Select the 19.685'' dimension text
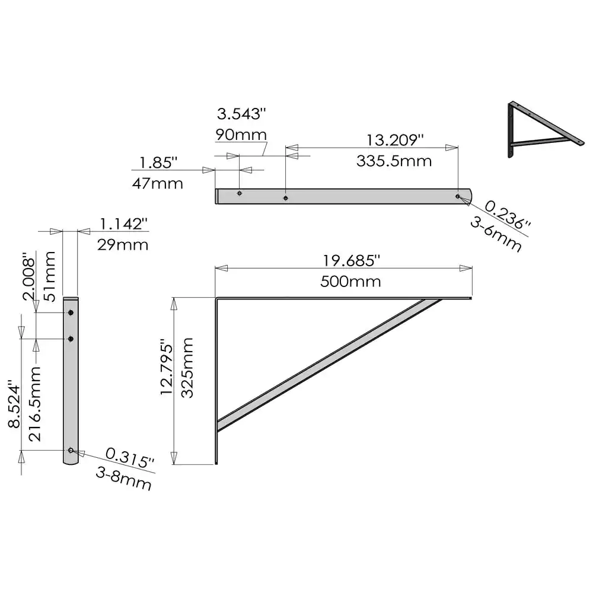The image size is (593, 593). (x=350, y=260)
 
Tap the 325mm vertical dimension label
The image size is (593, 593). (x=188, y=368)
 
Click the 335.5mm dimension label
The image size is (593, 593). (x=394, y=161)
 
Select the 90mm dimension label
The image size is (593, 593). (x=241, y=135)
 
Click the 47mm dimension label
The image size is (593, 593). (x=157, y=183)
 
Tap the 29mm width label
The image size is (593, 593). (x=123, y=244)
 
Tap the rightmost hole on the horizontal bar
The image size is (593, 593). (x=457, y=196)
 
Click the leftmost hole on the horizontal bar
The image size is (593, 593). (x=240, y=193)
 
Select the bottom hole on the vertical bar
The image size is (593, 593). (x=71, y=451)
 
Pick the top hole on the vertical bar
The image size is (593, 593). (x=71, y=313)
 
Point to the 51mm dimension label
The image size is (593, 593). (x=50, y=268)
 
